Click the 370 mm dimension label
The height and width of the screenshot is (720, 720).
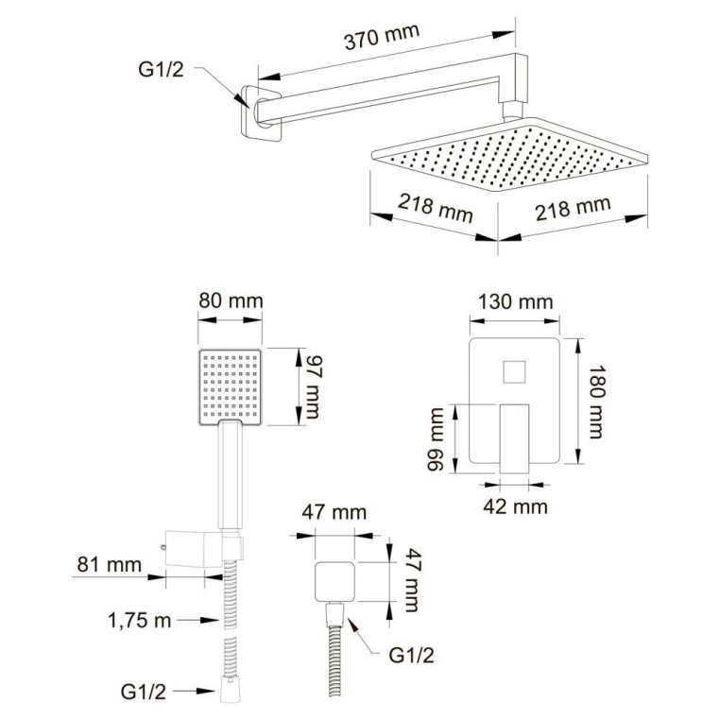click(382, 36)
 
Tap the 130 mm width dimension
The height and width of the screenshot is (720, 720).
click(515, 302)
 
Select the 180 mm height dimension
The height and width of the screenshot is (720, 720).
click(596, 403)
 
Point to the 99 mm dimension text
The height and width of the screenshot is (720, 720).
click(436, 439)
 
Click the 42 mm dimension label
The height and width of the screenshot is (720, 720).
click(515, 506)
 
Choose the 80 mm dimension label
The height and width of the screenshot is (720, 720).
click(231, 300)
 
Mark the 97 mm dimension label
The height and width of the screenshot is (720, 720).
click(311, 387)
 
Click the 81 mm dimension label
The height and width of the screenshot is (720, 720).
click(109, 564)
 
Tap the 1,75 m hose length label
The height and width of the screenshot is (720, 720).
click(139, 621)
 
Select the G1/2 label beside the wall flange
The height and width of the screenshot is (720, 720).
click(161, 69)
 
